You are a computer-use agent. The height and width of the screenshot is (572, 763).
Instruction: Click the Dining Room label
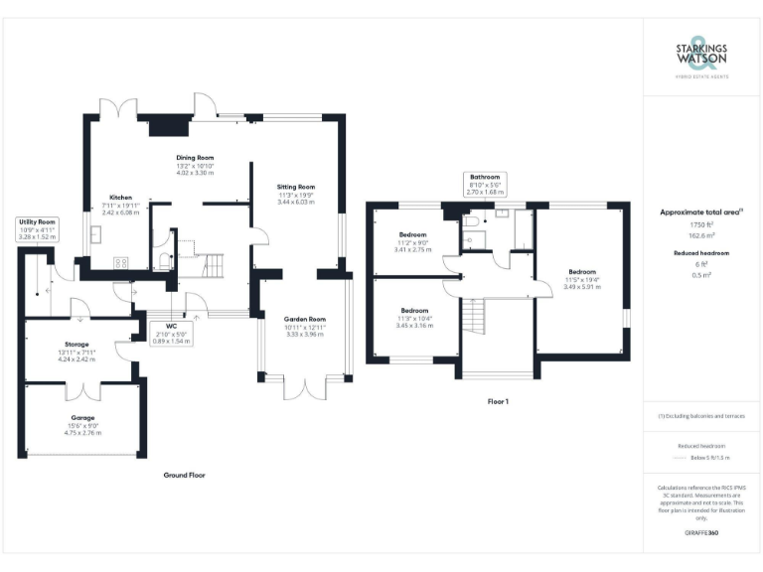coord(195,158)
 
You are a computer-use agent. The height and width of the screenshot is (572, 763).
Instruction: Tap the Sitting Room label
coord(295,187)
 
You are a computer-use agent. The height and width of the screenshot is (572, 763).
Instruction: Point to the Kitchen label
coord(120,198)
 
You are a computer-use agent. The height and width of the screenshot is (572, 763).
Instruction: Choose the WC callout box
coord(170,332)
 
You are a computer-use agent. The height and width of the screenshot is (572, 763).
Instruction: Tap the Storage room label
coord(71,345)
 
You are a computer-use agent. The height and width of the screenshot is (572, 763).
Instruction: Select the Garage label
coord(82,418)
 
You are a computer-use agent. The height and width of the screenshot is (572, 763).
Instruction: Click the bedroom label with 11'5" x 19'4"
coord(582,272)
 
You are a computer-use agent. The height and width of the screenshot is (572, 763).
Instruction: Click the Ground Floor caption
coord(184,476)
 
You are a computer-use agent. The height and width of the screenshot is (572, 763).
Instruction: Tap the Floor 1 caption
coord(498,401)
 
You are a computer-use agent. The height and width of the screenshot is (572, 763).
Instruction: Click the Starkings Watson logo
coord(701,58)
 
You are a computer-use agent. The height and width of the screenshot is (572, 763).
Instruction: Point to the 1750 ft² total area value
coord(701,225)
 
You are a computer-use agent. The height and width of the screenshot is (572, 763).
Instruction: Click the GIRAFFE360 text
coord(701,533)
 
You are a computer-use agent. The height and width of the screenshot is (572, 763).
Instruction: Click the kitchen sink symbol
coord(96,234)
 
